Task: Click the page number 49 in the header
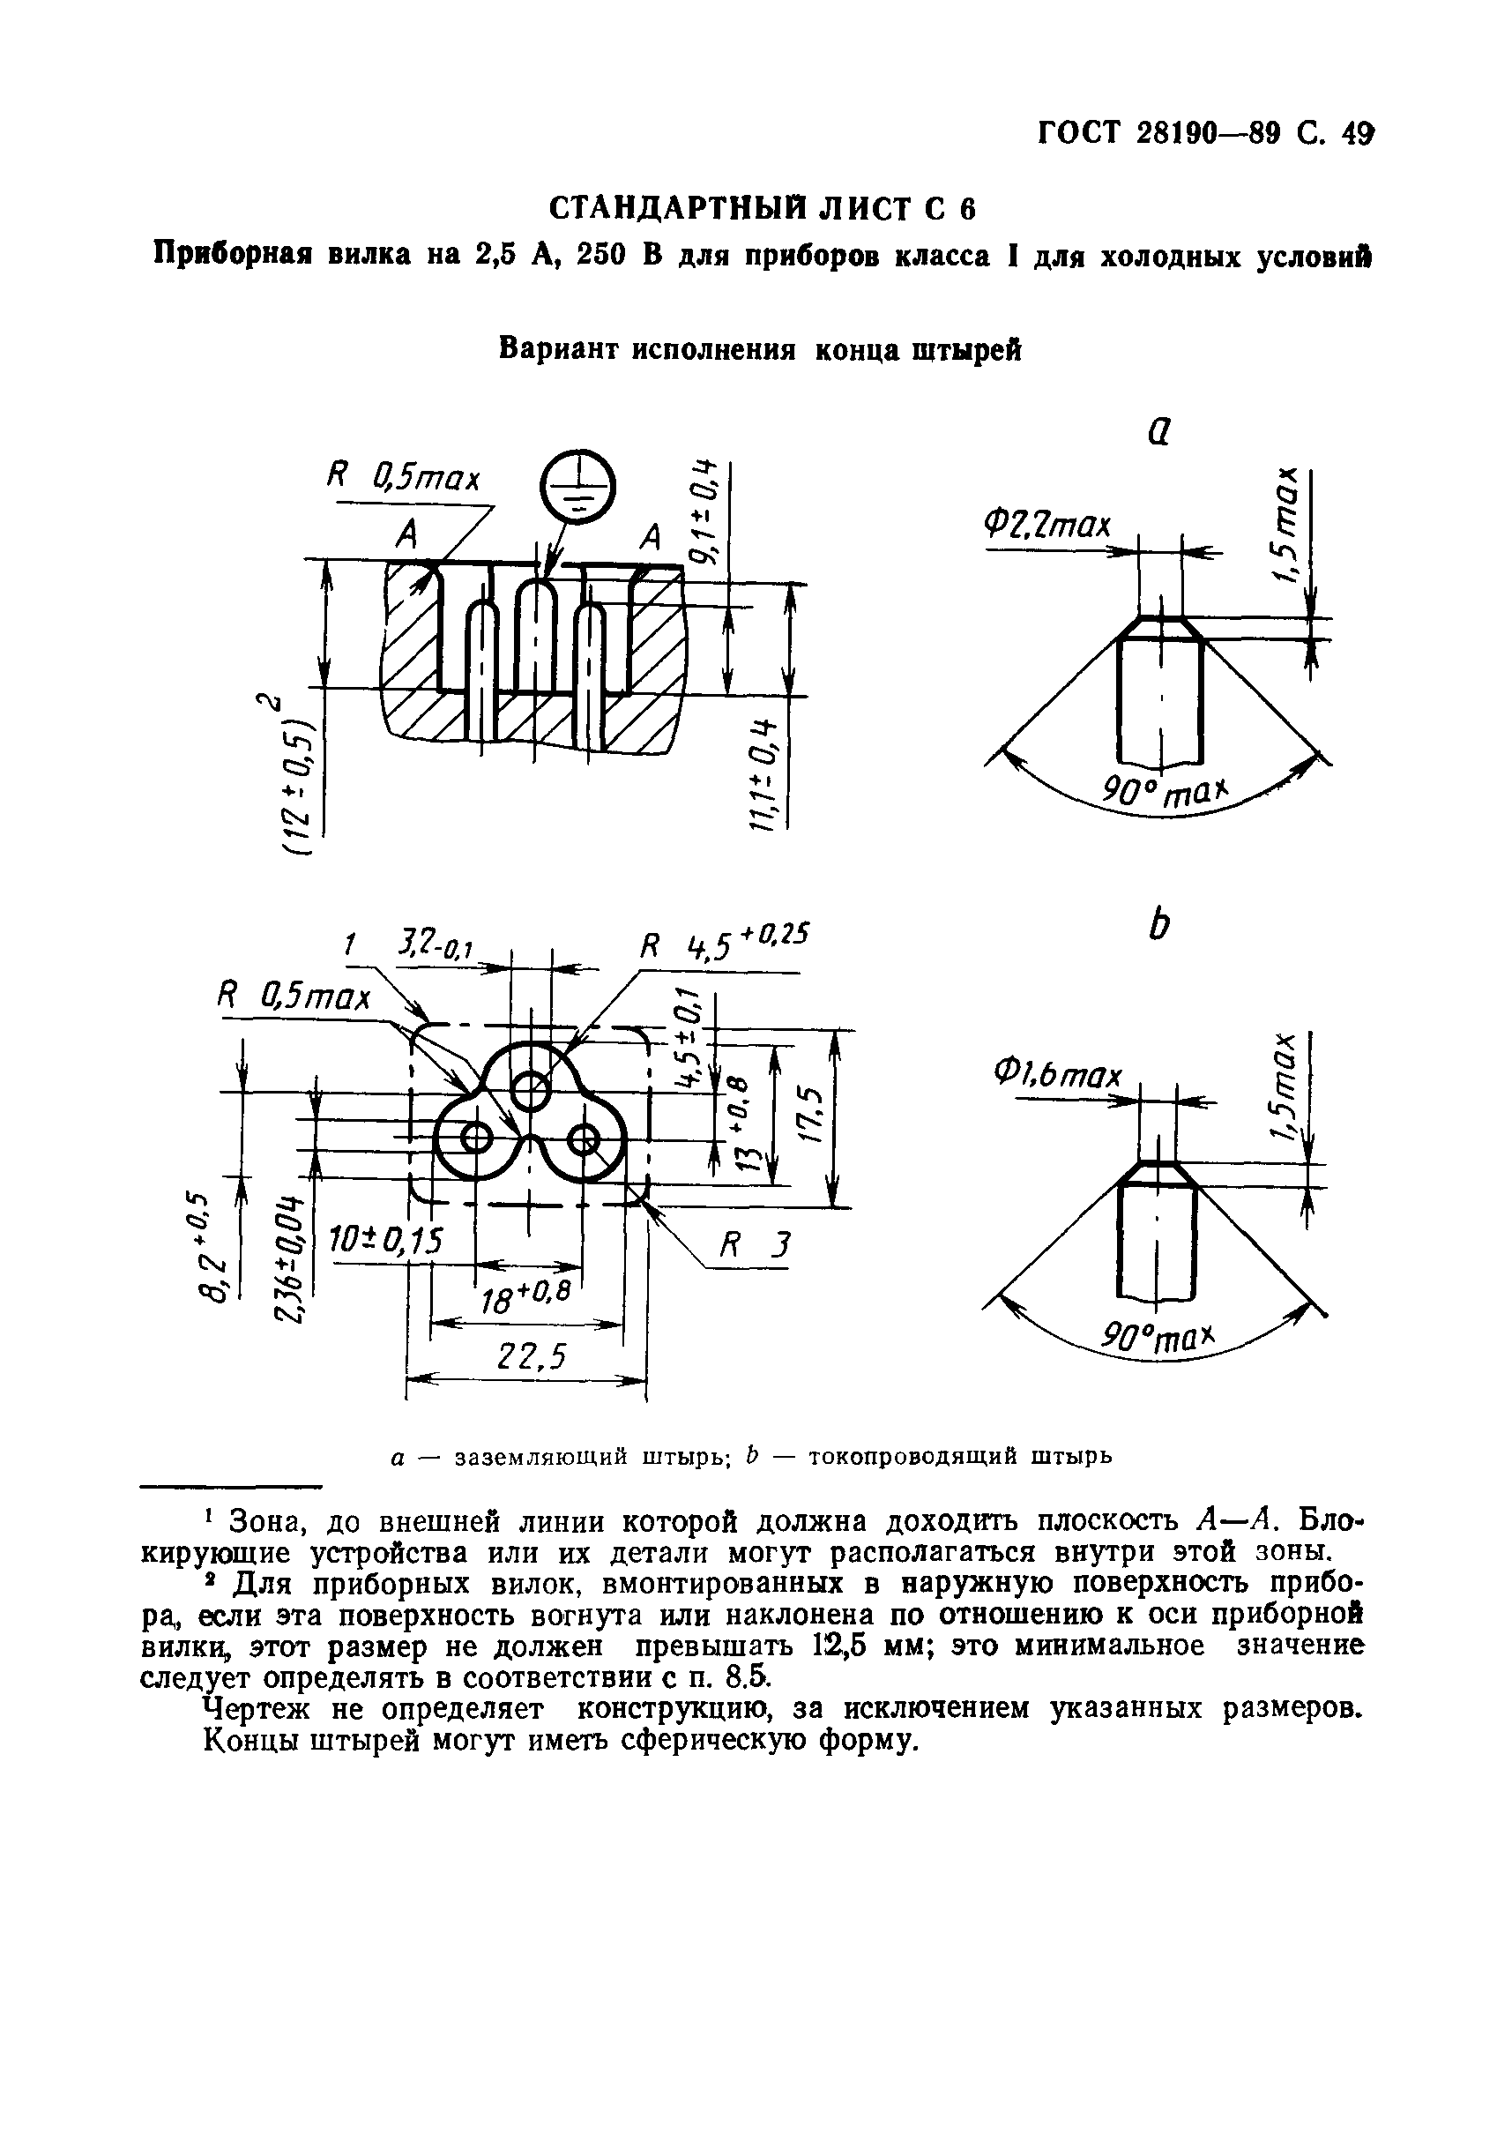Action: click(1357, 135)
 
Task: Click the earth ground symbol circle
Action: click(577, 484)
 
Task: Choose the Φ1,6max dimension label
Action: click(1058, 1076)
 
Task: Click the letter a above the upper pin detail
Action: click(1158, 429)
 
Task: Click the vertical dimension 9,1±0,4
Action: click(704, 511)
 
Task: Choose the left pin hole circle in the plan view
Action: click(476, 1137)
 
